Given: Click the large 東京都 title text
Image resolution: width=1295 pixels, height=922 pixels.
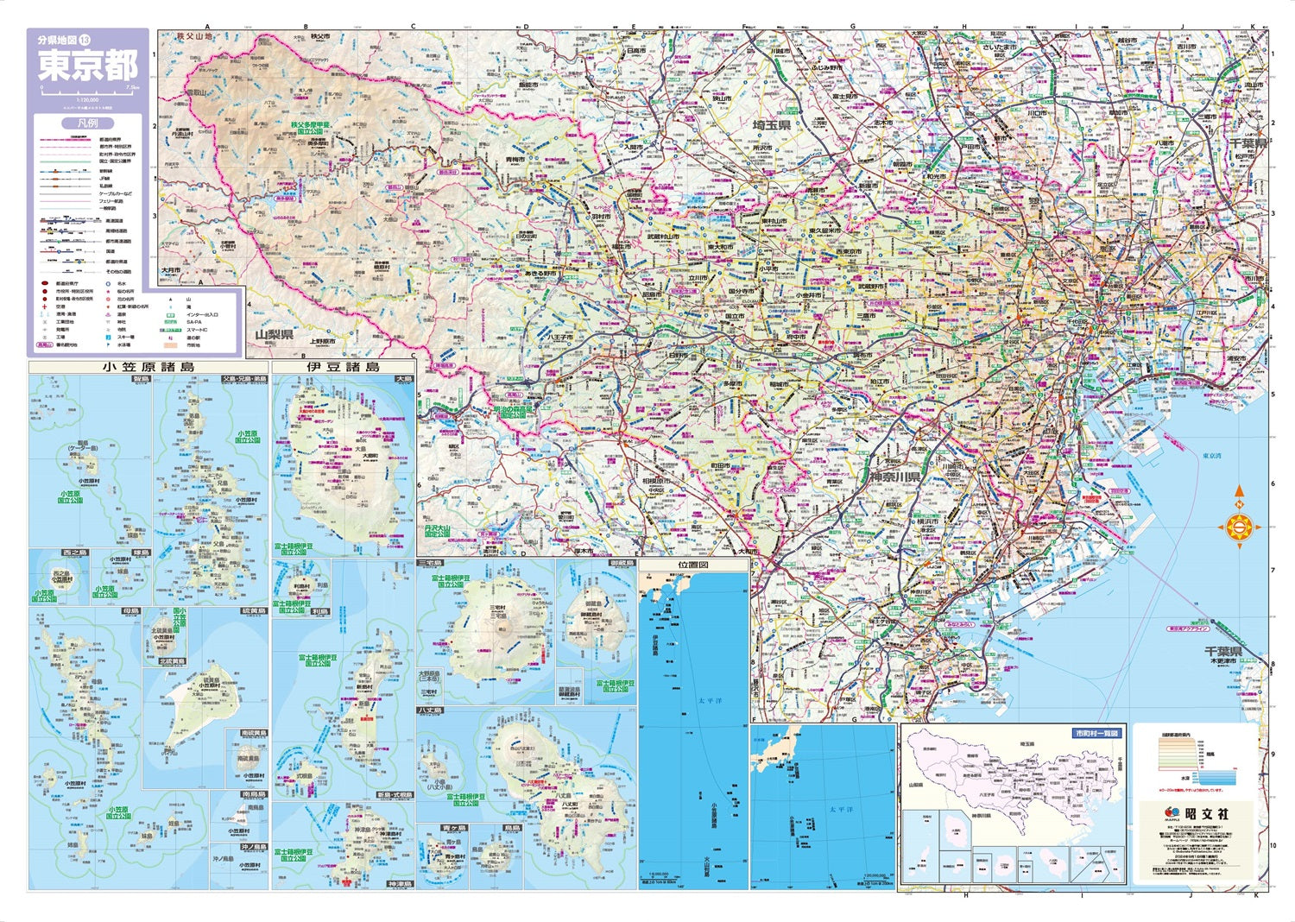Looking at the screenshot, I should click(87, 66).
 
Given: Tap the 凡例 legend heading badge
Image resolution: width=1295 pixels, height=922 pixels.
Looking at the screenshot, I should click(87, 123).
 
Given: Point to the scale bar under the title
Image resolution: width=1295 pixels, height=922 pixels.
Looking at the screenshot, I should click(87, 89).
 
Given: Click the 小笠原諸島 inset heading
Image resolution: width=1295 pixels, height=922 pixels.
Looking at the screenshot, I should click(148, 367).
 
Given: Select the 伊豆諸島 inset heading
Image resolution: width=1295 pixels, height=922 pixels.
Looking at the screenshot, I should click(343, 367).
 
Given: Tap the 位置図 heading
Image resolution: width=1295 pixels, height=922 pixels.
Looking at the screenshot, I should click(693, 565).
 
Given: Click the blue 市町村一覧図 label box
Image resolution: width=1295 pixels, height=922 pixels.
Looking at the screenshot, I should click(1096, 733).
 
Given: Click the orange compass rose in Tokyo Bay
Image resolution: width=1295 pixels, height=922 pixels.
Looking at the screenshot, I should click(1240, 525).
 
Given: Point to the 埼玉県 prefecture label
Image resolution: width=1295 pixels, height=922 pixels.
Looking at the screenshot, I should click(771, 126).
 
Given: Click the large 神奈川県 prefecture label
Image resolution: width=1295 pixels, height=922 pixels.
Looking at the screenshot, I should click(894, 477).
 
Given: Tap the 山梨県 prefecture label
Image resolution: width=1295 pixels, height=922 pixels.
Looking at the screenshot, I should click(275, 334).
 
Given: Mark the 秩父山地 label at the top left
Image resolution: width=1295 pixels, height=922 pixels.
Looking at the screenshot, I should click(193, 37).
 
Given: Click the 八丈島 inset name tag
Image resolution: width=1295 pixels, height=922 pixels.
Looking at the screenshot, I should click(430, 710).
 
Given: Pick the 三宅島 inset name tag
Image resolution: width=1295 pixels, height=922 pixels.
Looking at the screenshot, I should click(429, 563).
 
